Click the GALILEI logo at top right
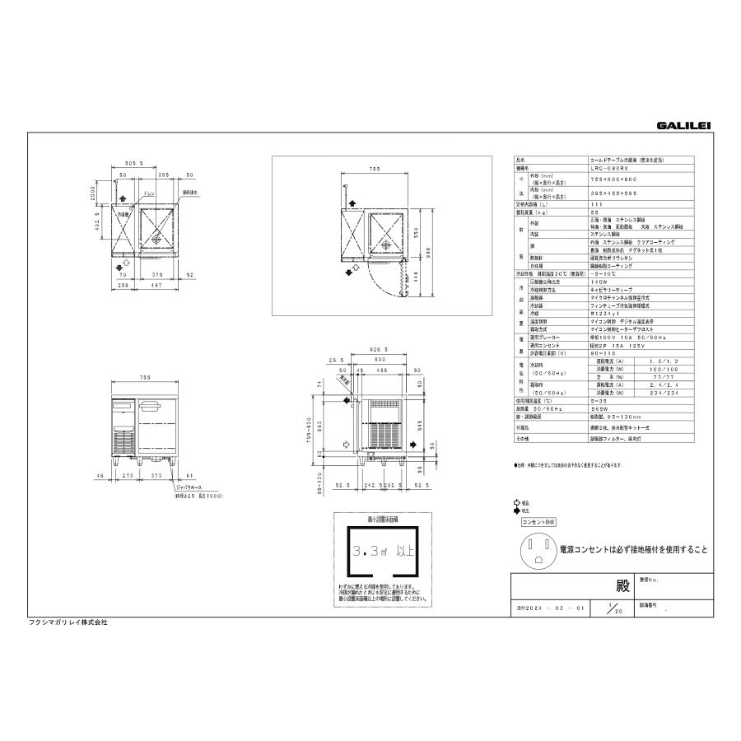[x=683, y=125]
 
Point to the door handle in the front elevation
[x=151, y=406]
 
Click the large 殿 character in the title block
[x=622, y=588]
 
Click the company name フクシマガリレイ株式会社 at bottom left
[x=68, y=622]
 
